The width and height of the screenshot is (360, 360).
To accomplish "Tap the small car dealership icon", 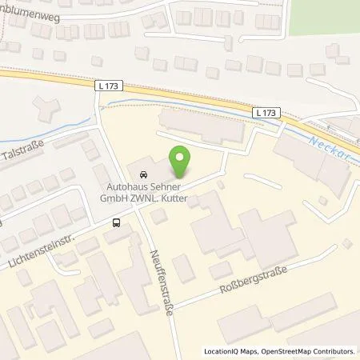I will click(142, 174).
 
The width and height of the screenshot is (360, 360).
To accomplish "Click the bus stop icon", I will click(118, 223).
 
